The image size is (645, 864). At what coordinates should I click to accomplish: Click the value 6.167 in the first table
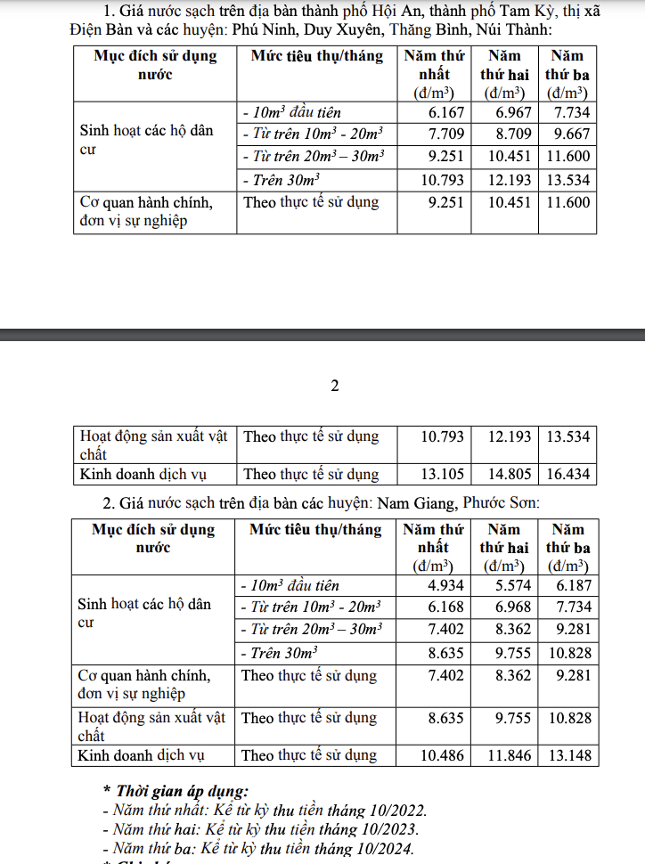[446, 112]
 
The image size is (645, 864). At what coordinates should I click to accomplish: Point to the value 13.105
[442, 474]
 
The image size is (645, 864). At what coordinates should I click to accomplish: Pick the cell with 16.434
[568, 474]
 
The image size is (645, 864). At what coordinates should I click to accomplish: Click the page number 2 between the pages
[335, 386]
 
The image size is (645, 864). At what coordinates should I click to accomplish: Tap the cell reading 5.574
[513, 585]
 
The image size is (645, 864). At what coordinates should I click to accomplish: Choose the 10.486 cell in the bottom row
[442, 755]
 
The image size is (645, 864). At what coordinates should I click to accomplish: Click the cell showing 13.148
[568, 755]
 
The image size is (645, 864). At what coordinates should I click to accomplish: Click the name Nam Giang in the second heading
[415, 503]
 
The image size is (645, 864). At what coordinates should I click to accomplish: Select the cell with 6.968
[513, 607]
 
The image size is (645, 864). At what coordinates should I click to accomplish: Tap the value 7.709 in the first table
[446, 134]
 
